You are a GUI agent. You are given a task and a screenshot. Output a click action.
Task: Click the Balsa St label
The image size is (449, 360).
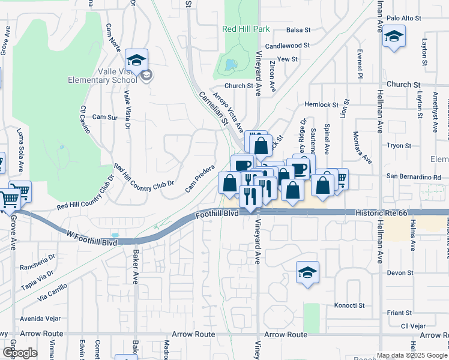pos(298,29)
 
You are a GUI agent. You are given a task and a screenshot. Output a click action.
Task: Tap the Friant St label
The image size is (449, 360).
pos(399,313)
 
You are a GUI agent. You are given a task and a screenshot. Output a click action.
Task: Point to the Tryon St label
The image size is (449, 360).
pos(399,146)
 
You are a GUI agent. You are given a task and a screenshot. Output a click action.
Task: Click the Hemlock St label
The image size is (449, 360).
pos(322,104)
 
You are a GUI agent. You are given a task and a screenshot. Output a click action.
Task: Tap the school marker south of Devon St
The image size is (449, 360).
pos(307,273)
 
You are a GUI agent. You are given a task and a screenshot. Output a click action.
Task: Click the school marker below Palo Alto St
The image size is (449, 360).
pos(394,35)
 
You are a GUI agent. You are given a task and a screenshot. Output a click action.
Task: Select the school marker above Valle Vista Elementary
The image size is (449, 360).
pos(137,60)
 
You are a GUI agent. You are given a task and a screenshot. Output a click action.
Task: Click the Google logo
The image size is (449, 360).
pos(19,353)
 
